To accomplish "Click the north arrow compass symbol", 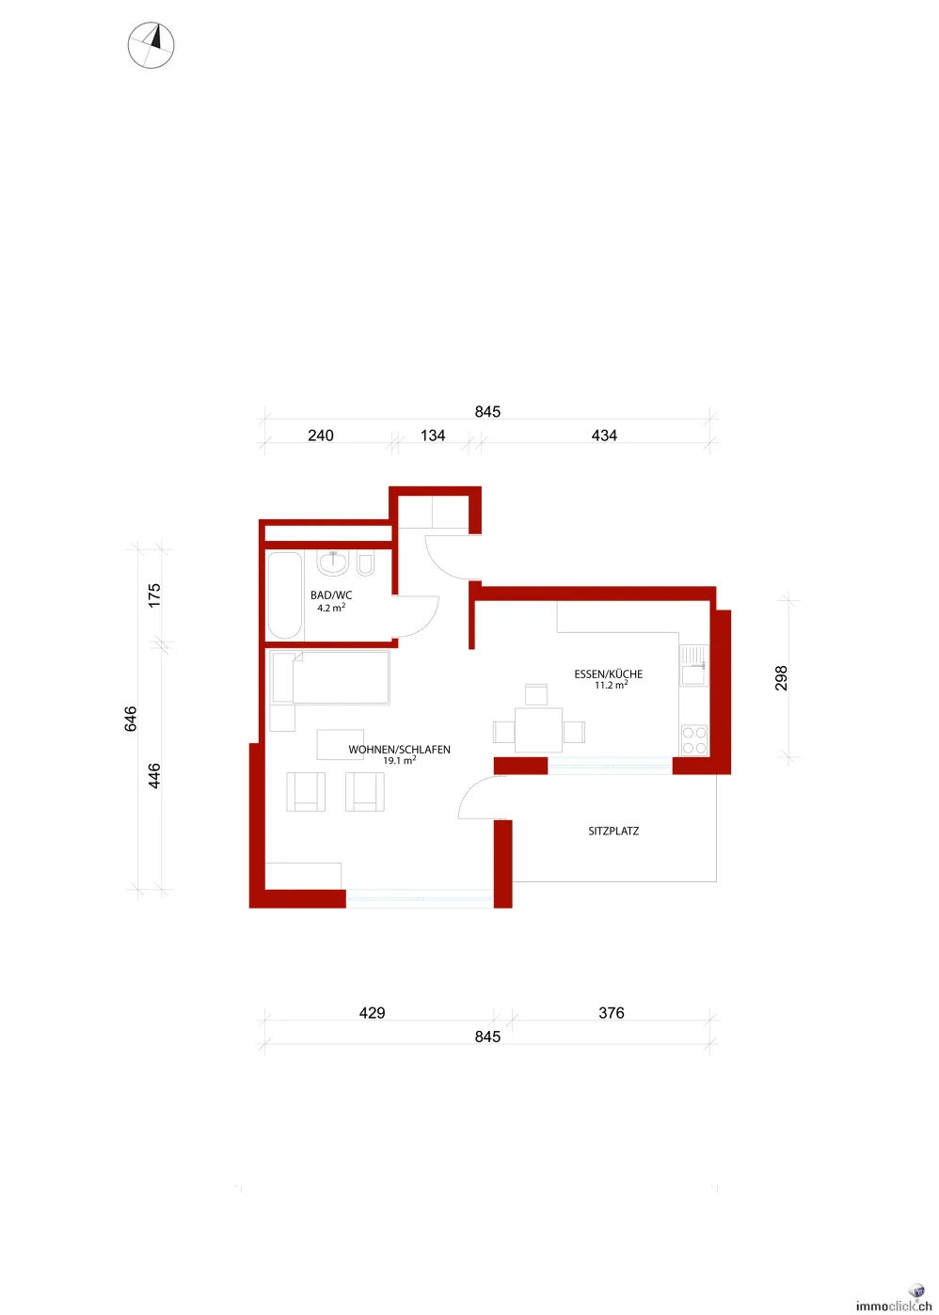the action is [x=151, y=45].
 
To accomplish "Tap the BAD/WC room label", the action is [x=331, y=595].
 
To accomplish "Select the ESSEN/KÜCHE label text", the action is [x=609, y=673].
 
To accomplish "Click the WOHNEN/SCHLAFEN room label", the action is [x=399, y=750].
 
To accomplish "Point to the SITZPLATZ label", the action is [x=613, y=832].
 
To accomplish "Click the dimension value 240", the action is [x=321, y=436].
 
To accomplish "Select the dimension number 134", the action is [x=433, y=436].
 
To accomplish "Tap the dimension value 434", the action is [x=604, y=436].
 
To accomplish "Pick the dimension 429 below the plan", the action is [x=373, y=1013].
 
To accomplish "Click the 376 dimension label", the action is [x=612, y=1013].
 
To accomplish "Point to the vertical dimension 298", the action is [x=781, y=678].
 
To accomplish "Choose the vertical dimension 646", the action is [x=131, y=720].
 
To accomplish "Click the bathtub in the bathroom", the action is [x=285, y=595].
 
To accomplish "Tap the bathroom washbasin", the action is [x=333, y=563].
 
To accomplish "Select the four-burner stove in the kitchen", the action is [x=694, y=739].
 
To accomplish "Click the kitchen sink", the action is [x=694, y=665].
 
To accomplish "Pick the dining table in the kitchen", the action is [x=538, y=730].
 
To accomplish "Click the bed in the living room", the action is [x=330, y=677].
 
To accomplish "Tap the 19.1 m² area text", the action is [x=399, y=760].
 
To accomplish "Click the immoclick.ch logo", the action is [x=894, y=1305].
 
